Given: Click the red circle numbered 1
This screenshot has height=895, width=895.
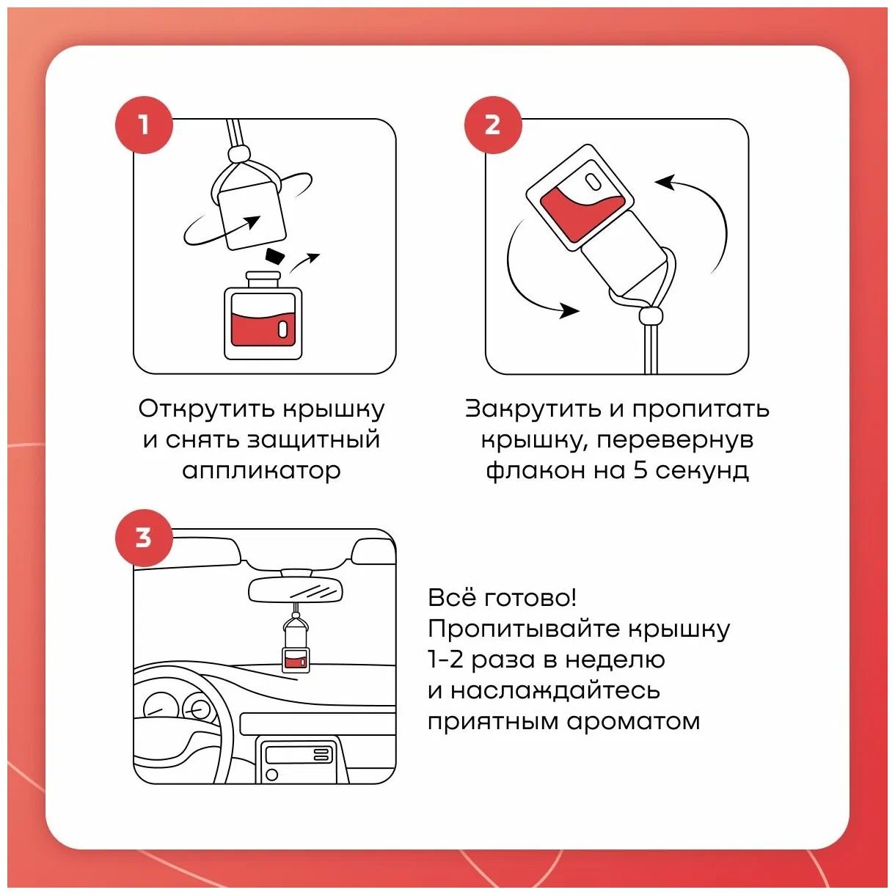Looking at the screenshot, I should pos(144,125).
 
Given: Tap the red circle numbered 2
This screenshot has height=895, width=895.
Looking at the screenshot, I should pos(492,125).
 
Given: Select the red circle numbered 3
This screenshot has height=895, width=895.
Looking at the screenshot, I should pos(144,537).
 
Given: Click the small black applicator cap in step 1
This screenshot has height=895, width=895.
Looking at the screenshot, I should pos(274,255).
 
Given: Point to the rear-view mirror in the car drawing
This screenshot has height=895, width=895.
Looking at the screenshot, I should pos(296,589).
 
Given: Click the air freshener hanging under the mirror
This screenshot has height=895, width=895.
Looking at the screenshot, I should pos(295,646).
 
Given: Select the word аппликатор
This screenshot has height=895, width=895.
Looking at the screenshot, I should pos(261,470).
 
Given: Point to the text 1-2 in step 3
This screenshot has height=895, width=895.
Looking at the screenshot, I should pos(445,660).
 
